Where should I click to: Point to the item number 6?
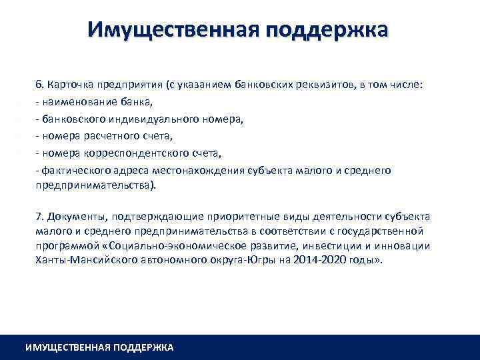click(x=39, y=85)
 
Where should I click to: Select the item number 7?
click(x=39, y=216)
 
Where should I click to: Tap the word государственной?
click(x=383, y=231)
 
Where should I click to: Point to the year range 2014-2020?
click(x=311, y=260)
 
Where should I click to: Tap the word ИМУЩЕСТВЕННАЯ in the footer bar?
click(x=67, y=347)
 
